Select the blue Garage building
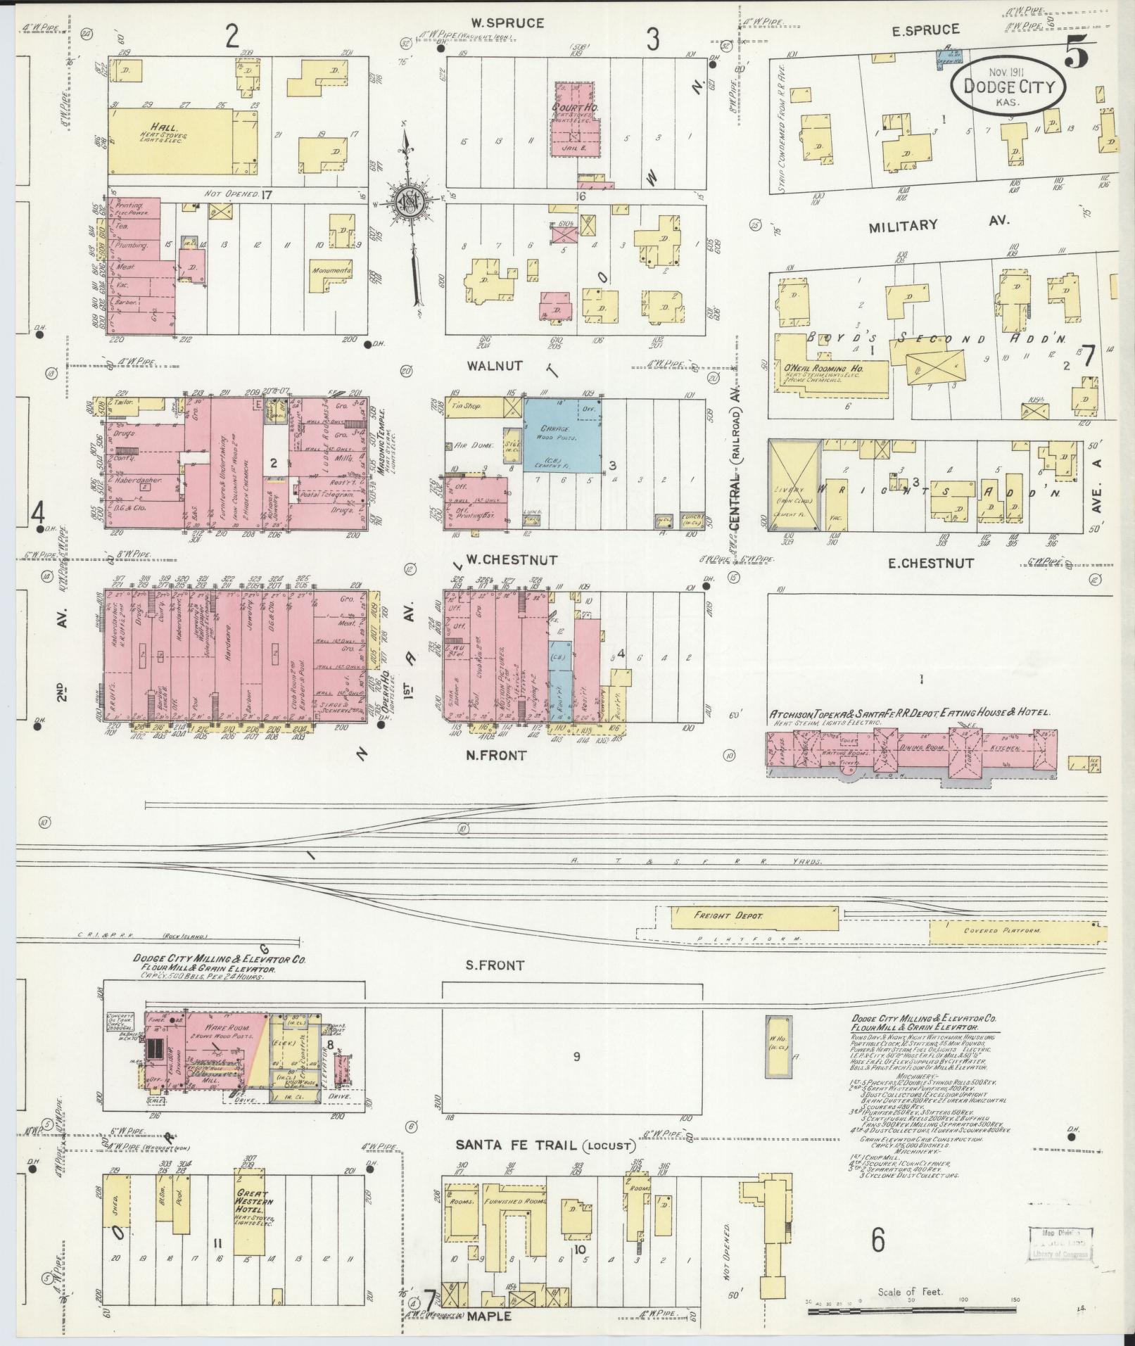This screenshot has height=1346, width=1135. click(562, 435)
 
